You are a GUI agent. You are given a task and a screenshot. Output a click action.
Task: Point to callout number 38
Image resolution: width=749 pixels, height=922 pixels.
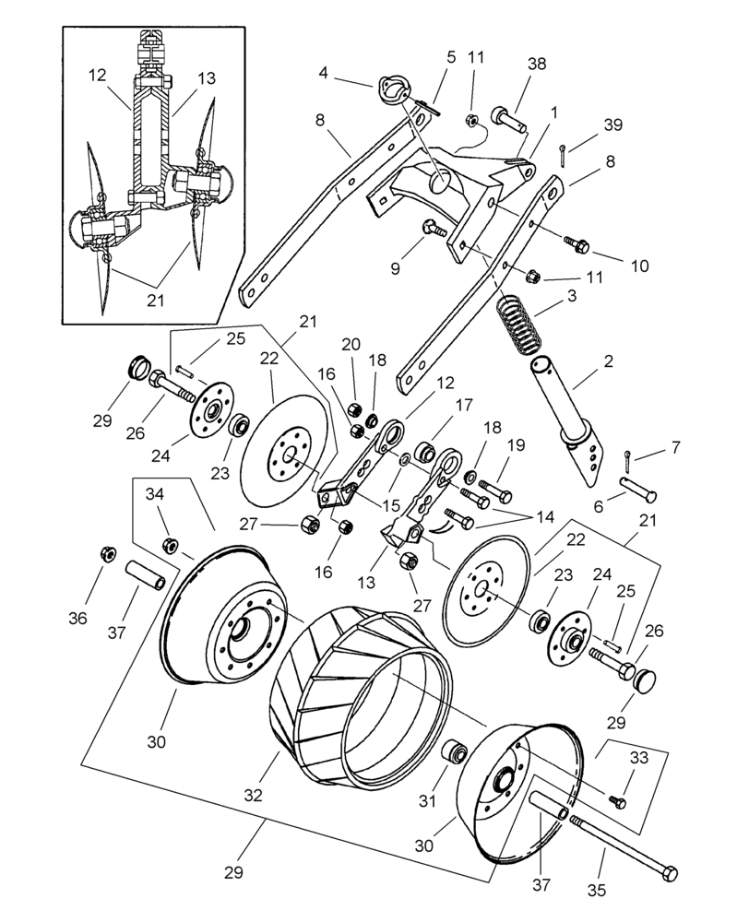(x=537, y=65)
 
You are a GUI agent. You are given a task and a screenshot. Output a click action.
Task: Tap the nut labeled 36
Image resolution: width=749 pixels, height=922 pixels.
(x=106, y=556)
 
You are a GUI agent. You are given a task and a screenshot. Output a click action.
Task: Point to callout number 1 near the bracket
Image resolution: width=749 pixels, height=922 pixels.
(x=554, y=111)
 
